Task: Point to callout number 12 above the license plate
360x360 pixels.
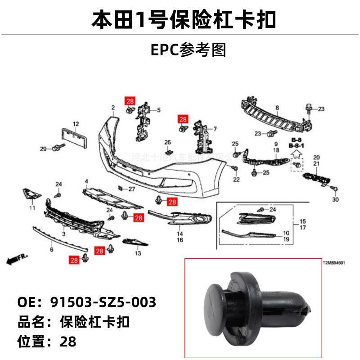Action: tap(76, 124)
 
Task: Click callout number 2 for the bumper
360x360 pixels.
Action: tap(113, 108)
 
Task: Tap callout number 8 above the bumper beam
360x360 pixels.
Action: tap(277, 108)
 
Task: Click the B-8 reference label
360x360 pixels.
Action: tap(296, 140)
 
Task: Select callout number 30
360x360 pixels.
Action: tap(334, 199)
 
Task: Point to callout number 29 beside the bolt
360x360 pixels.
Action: tap(43, 149)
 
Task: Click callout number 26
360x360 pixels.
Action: tap(167, 143)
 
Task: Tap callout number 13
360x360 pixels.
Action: tap(138, 253)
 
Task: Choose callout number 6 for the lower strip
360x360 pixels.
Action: tap(51, 249)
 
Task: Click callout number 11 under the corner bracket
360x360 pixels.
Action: tap(32, 208)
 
